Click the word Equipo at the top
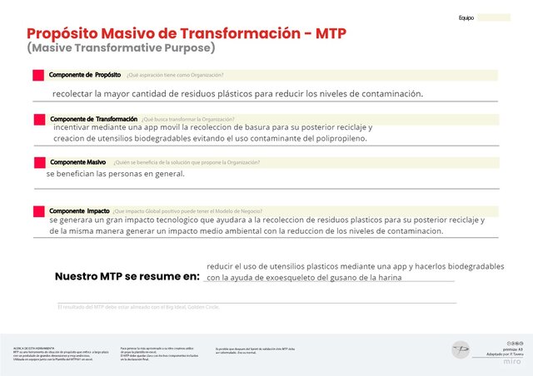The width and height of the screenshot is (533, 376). pyautogui.click(x=466, y=17)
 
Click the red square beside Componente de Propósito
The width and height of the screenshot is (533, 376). pyautogui.click(x=37, y=76)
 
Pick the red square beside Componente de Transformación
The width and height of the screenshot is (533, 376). pyautogui.click(x=38, y=120)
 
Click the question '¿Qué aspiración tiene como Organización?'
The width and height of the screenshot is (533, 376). pyautogui.click(x=175, y=76)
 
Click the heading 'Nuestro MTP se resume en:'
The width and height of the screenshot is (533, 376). pyautogui.click(x=127, y=275)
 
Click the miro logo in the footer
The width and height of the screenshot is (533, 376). pyautogui.click(x=513, y=361)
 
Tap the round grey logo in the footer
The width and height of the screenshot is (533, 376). pyautogui.click(x=461, y=350)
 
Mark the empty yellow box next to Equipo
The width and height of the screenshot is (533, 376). pyautogui.click(x=493, y=17)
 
